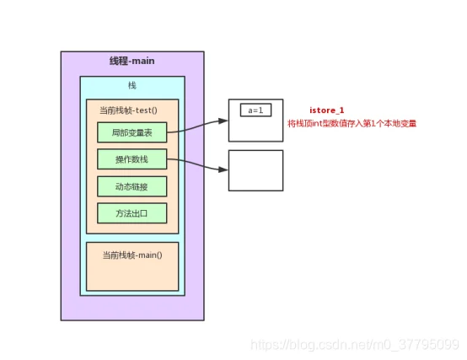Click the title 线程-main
point(132,61)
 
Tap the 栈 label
point(132,85)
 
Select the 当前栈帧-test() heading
point(128,110)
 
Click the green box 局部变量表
point(132,132)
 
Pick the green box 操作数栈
point(132,159)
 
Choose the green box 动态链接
point(132,186)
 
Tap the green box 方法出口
point(132,213)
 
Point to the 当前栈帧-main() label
point(132,255)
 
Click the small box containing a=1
point(255,110)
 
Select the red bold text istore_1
point(327,110)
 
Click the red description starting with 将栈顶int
point(352,123)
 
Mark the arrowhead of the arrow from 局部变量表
point(223,121)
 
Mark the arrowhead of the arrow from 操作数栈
point(223,169)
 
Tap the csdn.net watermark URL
point(355,345)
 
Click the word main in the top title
point(143,61)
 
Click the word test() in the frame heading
point(147,110)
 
